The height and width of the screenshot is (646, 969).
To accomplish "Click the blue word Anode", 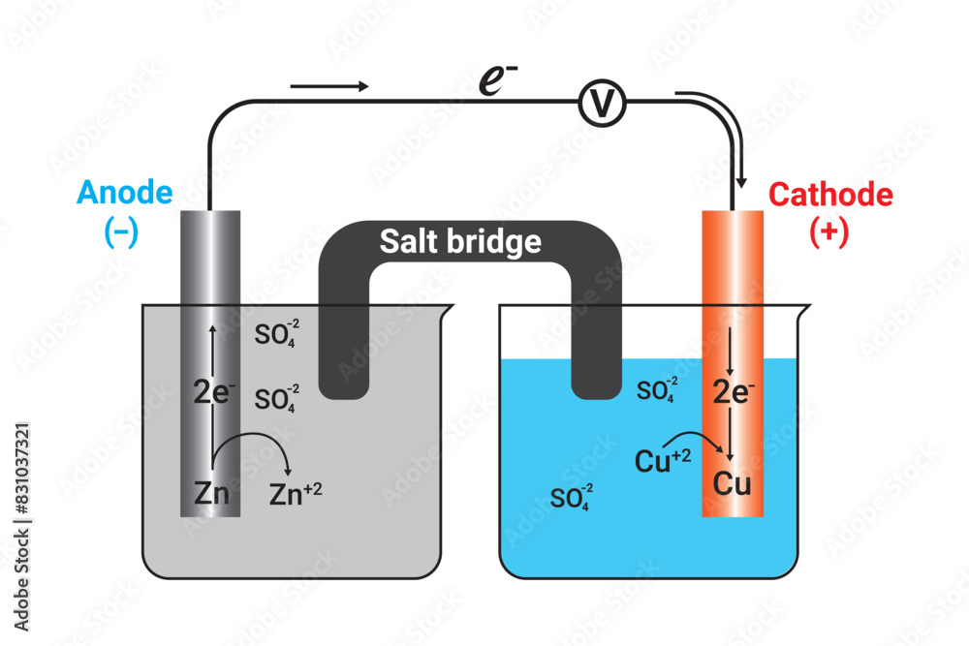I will coord(125,194).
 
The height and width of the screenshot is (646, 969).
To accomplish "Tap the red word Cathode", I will coord(830,195).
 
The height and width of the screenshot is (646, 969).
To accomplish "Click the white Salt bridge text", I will coord(460,241).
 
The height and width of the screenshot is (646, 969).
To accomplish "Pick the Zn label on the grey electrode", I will coord(210,494).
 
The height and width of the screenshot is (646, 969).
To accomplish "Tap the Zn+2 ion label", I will coord(295,495).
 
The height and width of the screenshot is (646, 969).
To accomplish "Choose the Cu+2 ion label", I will coord(662,459).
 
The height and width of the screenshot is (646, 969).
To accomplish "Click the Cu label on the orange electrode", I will coord(733,483).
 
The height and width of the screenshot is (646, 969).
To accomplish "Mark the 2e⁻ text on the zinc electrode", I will coord(212,392).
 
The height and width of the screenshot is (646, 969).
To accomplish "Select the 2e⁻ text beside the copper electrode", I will coord(734,391).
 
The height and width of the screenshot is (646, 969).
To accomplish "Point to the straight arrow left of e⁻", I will coord(329,86).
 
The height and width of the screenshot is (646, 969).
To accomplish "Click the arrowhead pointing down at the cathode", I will coord(741,180).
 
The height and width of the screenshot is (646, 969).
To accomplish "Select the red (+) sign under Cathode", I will coord(829,233).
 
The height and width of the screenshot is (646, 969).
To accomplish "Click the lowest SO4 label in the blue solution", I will coord(571,498).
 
